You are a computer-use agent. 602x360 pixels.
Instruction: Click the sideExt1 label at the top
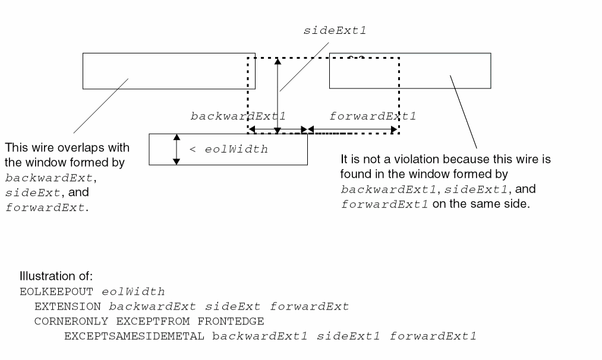coord(335,30)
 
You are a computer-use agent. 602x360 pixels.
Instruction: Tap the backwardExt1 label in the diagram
coord(238,116)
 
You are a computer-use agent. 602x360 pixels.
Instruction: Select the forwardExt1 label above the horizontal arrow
coord(372,116)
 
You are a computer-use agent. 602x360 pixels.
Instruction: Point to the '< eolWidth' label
coord(228,150)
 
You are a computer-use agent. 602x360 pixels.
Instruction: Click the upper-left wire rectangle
coord(168,71)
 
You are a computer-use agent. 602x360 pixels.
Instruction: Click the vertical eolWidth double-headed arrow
coord(176,149)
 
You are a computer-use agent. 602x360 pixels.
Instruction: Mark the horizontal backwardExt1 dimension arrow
coord(278,129)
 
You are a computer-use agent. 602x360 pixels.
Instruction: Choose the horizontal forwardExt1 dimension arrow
coord(352,129)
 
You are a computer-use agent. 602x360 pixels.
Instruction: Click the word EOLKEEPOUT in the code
coord(49,292)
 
